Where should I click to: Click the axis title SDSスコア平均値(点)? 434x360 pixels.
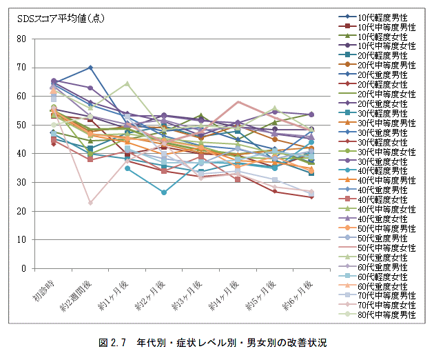(61, 19)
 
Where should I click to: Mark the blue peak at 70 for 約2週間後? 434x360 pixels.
(90, 68)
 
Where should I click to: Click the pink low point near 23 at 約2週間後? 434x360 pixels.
(90, 203)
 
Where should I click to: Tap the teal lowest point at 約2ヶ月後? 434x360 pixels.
(164, 192)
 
